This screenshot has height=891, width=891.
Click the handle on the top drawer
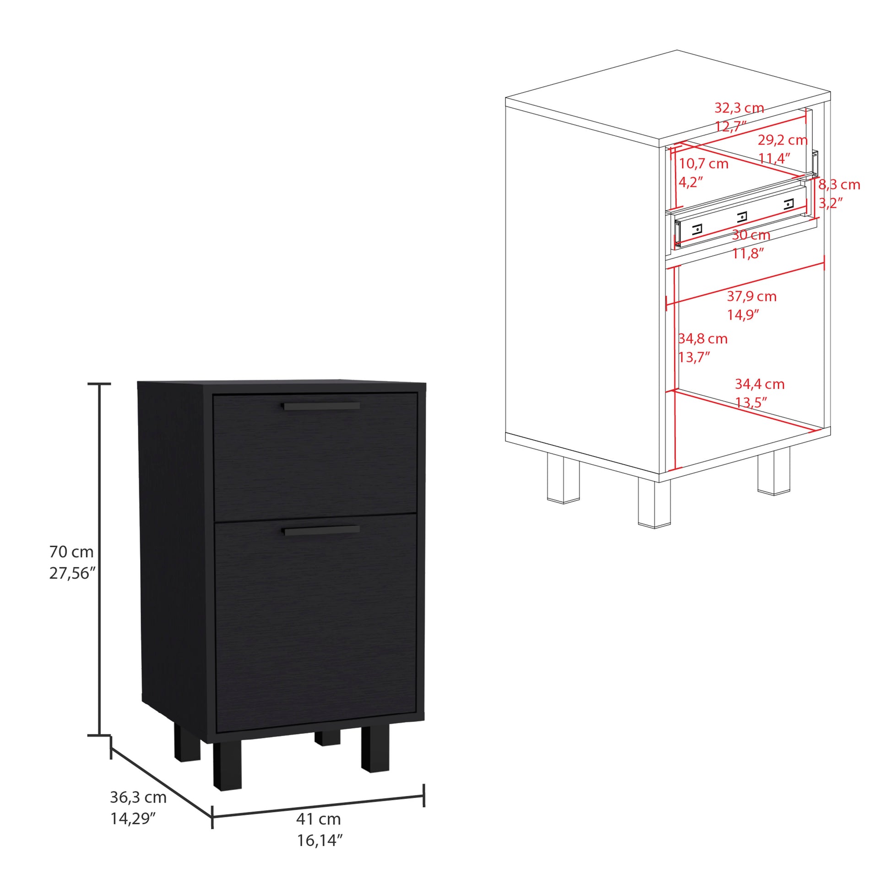(x=321, y=406)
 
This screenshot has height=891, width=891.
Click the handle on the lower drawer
(x=321, y=531)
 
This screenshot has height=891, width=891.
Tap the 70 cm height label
(x=71, y=551)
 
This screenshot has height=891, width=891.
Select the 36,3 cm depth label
(x=138, y=797)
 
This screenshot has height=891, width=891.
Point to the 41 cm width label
(x=318, y=819)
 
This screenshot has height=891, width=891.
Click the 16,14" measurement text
(x=320, y=841)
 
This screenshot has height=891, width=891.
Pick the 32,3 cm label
(x=739, y=108)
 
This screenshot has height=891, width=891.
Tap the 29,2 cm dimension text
(x=782, y=140)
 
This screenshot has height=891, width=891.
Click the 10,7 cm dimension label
(x=703, y=164)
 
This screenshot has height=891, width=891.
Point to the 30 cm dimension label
(x=751, y=235)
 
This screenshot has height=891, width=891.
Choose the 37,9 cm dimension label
(x=752, y=296)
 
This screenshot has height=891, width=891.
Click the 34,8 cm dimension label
(x=703, y=339)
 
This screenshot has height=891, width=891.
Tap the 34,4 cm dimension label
(x=760, y=384)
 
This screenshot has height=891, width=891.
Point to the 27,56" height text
(x=72, y=573)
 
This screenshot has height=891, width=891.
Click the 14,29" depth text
(x=132, y=819)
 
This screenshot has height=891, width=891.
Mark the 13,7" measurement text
(x=694, y=357)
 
